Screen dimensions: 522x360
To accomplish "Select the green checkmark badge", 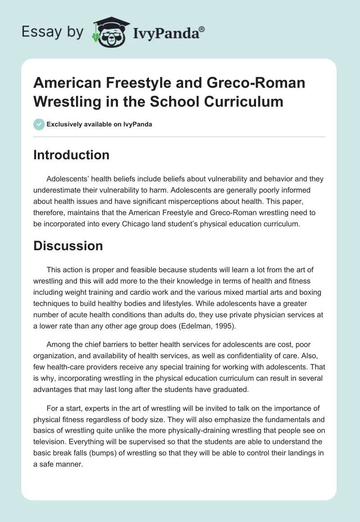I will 39,124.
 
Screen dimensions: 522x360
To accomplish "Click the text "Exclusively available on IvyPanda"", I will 99,124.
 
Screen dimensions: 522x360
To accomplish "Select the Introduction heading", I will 72,155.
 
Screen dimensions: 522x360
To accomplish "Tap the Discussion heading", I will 68,246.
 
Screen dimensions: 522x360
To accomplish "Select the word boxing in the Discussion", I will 302,293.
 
